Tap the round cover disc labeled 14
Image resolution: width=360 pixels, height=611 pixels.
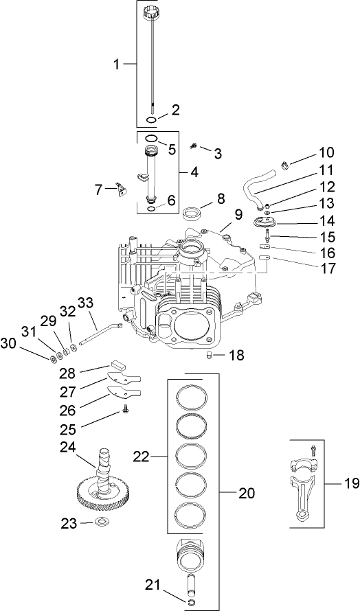[265, 222]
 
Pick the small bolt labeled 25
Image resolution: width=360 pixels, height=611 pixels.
[126, 411]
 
